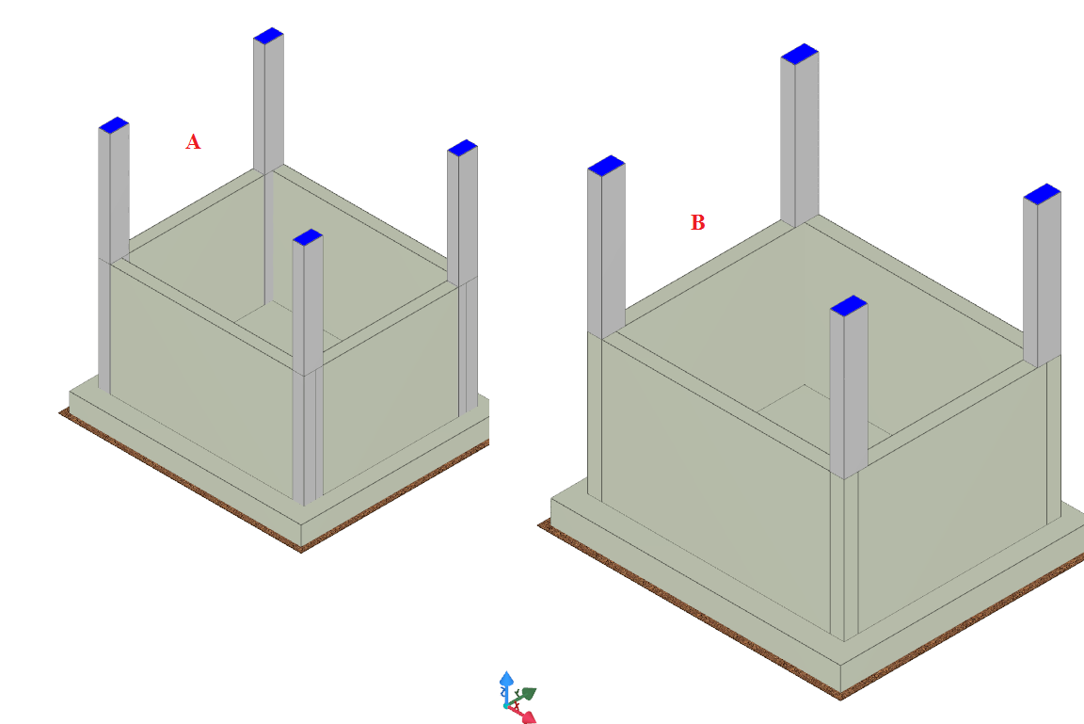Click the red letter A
pos(193,142)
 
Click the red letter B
pos(697,223)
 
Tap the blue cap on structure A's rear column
pos(268,36)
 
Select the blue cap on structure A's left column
pos(114,125)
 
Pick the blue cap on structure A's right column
pos(463,148)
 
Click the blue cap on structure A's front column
pos(308,237)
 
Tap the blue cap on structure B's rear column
pos(800,54)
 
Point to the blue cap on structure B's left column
pos(606,166)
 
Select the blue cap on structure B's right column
pos(1043,194)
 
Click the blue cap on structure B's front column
pos(849,306)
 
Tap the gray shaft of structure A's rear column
pos(268,104)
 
